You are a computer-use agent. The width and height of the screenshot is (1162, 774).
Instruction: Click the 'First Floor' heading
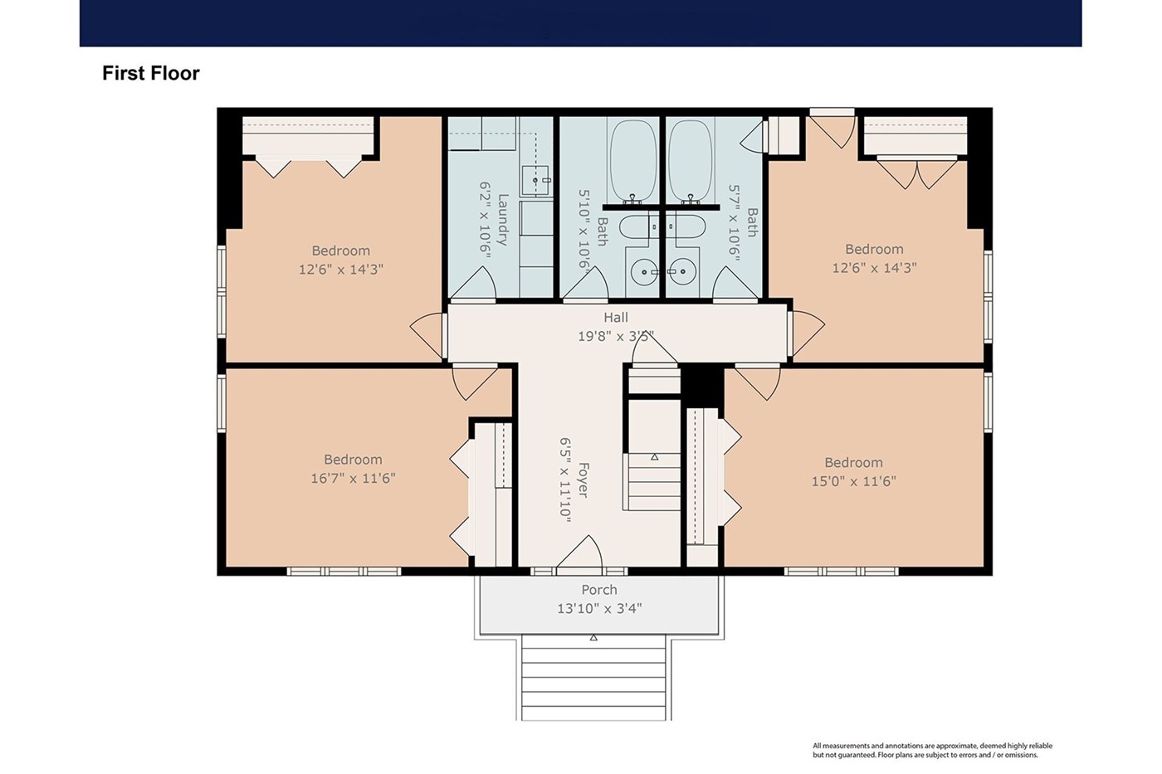click(150, 73)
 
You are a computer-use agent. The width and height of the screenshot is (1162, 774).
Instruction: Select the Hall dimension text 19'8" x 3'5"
click(616, 336)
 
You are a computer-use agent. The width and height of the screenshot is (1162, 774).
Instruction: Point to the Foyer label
click(583, 480)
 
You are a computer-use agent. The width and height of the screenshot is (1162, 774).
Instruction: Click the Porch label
click(599, 590)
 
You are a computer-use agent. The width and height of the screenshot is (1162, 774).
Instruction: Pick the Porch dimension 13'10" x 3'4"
click(599, 608)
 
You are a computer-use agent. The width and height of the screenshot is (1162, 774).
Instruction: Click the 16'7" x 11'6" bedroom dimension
click(353, 478)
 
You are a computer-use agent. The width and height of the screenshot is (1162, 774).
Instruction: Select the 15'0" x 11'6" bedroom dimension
click(853, 481)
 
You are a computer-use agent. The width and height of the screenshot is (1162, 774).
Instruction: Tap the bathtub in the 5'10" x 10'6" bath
click(632, 161)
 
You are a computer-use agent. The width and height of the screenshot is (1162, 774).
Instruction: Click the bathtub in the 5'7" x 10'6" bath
click(691, 161)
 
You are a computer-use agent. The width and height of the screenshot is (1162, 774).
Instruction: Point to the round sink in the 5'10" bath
click(645, 271)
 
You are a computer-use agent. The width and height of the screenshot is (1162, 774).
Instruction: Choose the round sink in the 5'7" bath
click(681, 271)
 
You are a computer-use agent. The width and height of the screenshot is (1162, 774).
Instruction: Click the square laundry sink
click(535, 179)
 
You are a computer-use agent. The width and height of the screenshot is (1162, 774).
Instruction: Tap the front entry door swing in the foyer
click(580, 552)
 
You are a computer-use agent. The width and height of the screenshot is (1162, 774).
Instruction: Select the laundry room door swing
click(473, 284)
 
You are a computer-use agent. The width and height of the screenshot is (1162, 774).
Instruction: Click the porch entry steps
click(593, 677)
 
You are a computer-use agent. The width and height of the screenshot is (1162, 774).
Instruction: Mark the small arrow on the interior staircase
click(655, 457)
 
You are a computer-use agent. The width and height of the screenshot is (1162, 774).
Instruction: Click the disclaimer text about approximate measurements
click(933, 750)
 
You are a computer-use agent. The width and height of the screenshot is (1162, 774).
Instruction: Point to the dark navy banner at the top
click(580, 23)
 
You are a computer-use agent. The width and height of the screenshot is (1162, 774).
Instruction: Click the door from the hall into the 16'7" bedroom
click(475, 382)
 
